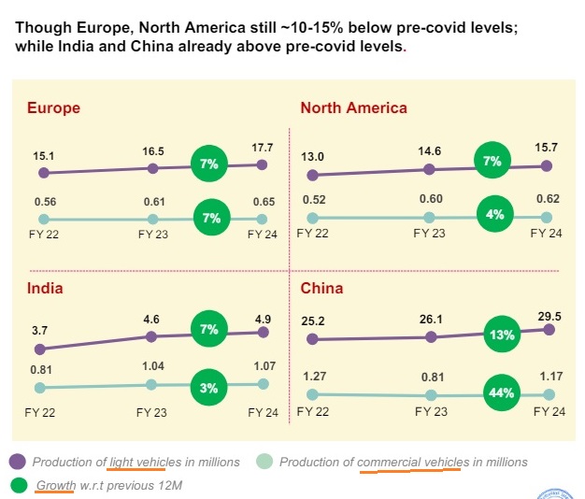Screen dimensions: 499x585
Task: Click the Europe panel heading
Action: (53, 107)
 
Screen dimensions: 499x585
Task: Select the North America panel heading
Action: (353, 107)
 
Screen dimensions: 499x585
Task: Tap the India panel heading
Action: (45, 288)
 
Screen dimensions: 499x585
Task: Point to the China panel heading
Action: (321, 288)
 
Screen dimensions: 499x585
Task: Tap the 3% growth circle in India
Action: (210, 388)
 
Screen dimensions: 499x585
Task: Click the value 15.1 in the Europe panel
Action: (44, 154)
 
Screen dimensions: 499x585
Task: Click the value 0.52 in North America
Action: (314, 199)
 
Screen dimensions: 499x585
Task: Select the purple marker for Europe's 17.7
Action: (262, 164)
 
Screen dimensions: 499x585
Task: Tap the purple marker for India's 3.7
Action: (40, 349)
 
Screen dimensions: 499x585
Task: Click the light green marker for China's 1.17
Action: (549, 394)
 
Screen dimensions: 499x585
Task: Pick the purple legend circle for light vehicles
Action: (18, 461)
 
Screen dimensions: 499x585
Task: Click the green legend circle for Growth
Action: (18, 485)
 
